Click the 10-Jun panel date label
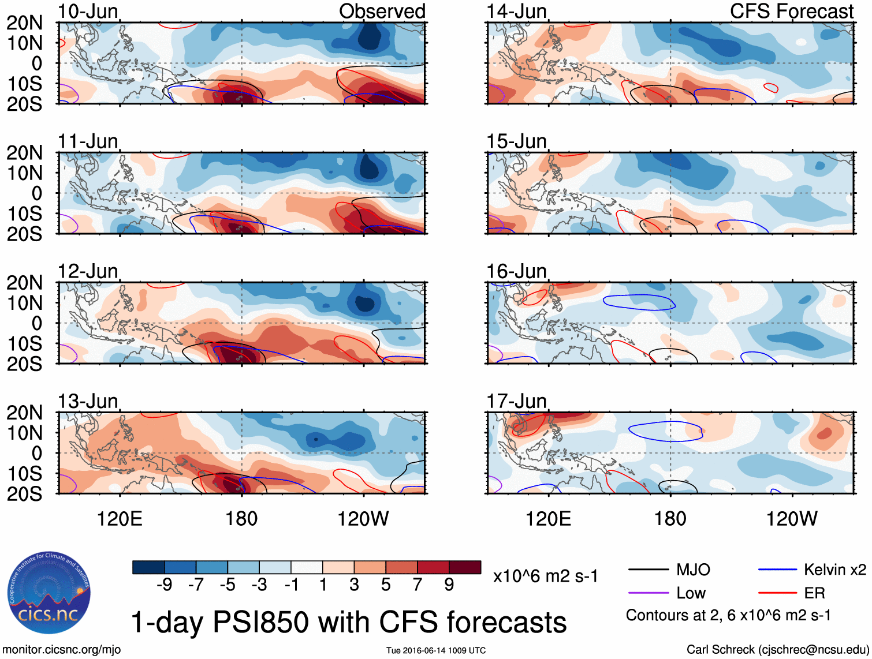[x=88, y=11]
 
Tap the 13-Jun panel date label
[x=88, y=401]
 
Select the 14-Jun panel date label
[x=516, y=11]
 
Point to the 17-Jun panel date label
[x=516, y=401]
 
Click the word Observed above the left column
[x=382, y=11]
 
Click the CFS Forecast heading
[x=791, y=11]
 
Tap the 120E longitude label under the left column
[x=120, y=519]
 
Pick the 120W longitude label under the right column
[x=791, y=519]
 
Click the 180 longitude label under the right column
[x=670, y=519]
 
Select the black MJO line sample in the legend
[x=648, y=570]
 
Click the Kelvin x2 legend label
[x=834, y=570]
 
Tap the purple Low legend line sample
[x=648, y=593]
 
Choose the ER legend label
[x=814, y=593]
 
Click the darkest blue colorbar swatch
[x=148, y=567]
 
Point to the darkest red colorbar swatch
[x=465, y=567]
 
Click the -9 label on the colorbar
[x=165, y=585]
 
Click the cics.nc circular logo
[x=49, y=593]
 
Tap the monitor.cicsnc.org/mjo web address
[x=62, y=650]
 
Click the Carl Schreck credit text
[x=777, y=650]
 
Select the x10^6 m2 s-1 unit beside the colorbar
[x=545, y=576]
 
